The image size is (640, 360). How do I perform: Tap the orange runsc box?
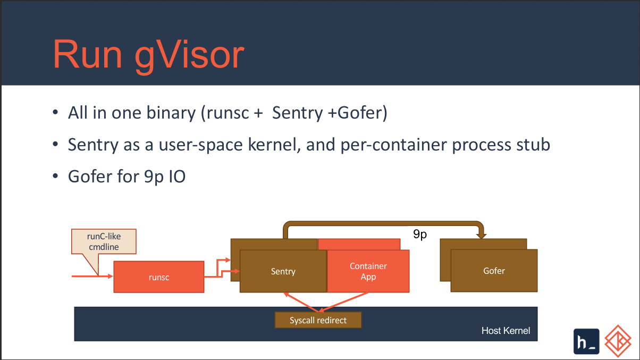(159, 277)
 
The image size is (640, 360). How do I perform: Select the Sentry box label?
(283, 271)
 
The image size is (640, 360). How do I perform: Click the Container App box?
(368, 271)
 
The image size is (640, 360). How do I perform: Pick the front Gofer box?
(494, 271)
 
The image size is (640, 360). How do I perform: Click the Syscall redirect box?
(318, 320)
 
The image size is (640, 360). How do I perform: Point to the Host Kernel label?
(506, 331)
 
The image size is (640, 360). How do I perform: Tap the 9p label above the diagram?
(420, 235)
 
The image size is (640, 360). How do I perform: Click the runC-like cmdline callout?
(103, 241)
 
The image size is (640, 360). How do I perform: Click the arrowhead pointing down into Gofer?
(482, 235)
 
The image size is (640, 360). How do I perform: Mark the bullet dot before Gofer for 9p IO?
(55, 177)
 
